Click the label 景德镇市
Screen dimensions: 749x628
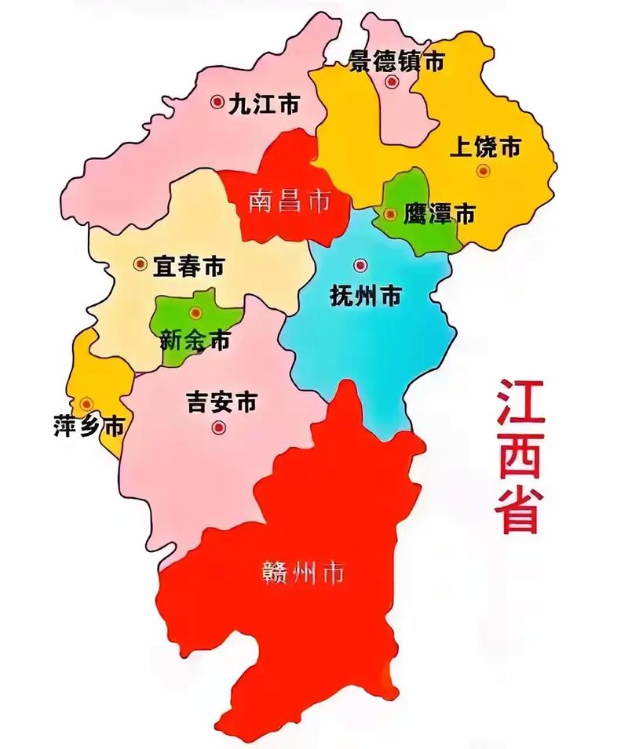[396, 60]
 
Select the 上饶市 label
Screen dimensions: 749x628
[486, 147]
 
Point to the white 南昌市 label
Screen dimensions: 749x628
[289, 202]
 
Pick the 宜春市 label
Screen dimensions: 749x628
[188, 266]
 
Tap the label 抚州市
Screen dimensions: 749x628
[365, 296]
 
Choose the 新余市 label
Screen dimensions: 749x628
[195, 341]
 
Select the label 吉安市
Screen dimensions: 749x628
[221, 402]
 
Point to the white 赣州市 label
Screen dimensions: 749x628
[303, 573]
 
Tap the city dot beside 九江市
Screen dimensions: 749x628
[217, 102]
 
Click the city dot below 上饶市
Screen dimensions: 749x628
[483, 170]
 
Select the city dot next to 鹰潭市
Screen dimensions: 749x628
[391, 213]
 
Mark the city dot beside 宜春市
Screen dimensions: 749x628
[140, 265]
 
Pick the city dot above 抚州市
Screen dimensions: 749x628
[360, 265]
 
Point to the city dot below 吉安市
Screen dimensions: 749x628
[218, 427]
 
